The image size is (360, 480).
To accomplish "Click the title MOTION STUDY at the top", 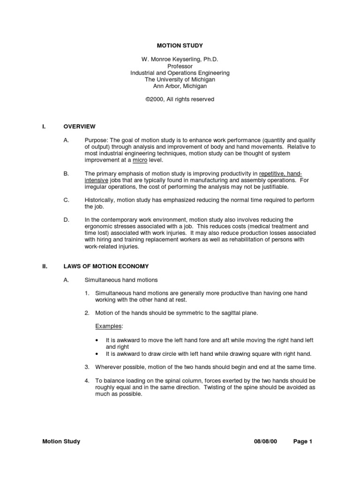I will [x=180, y=46].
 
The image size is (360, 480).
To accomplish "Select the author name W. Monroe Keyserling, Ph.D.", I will [x=180, y=60].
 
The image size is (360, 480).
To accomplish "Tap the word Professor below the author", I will [x=180, y=67].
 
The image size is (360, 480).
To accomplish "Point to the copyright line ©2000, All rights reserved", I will [x=180, y=99].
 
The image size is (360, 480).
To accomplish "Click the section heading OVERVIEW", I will [x=79, y=127].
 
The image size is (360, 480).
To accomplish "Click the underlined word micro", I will [x=140, y=160].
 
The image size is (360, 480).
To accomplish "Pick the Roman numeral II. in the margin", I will [x=45, y=266].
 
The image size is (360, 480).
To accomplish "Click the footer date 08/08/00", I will [x=265, y=441].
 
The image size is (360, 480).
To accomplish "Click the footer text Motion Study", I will [x=61, y=441].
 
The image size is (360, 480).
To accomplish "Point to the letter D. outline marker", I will [x=66, y=219].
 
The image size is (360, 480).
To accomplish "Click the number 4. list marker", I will [x=87, y=381].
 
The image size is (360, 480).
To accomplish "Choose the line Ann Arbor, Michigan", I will [x=180, y=86].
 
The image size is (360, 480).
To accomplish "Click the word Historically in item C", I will [x=100, y=200].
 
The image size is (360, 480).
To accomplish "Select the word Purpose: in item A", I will [x=96, y=140].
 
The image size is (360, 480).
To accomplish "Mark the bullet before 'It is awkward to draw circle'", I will [x=96, y=354].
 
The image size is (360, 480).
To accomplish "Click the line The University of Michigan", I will [x=180, y=80].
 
